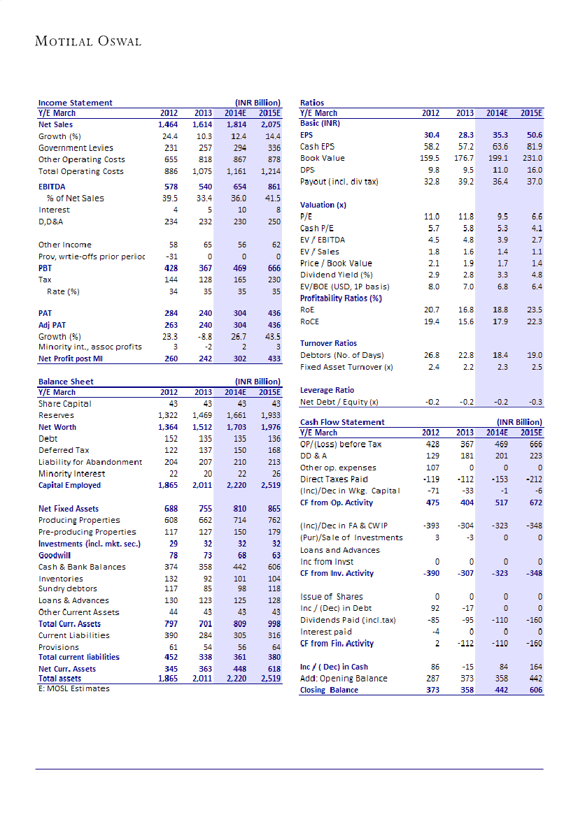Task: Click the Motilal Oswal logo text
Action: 88,41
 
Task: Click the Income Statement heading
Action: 75,103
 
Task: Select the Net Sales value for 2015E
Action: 269,124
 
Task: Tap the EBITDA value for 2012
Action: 169,187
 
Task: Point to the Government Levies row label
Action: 76,148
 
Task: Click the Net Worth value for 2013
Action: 202,427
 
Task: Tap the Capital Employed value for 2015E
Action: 269,485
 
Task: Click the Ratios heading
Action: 312,103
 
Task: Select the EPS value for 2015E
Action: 535,135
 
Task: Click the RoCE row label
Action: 310,321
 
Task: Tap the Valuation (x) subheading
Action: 323,205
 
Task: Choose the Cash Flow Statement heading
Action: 342,422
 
